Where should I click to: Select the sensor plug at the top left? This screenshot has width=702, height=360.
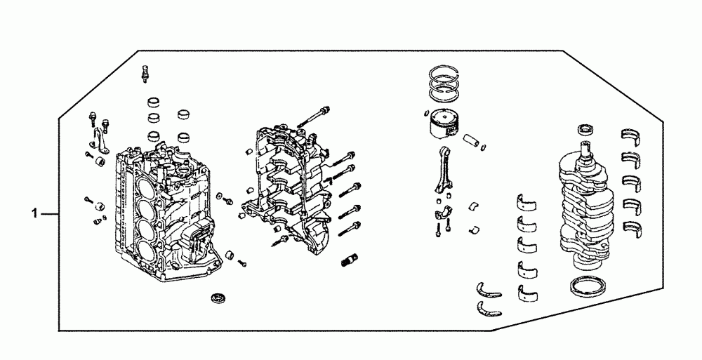[x=146, y=72]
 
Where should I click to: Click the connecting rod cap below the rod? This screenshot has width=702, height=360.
[x=442, y=212]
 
